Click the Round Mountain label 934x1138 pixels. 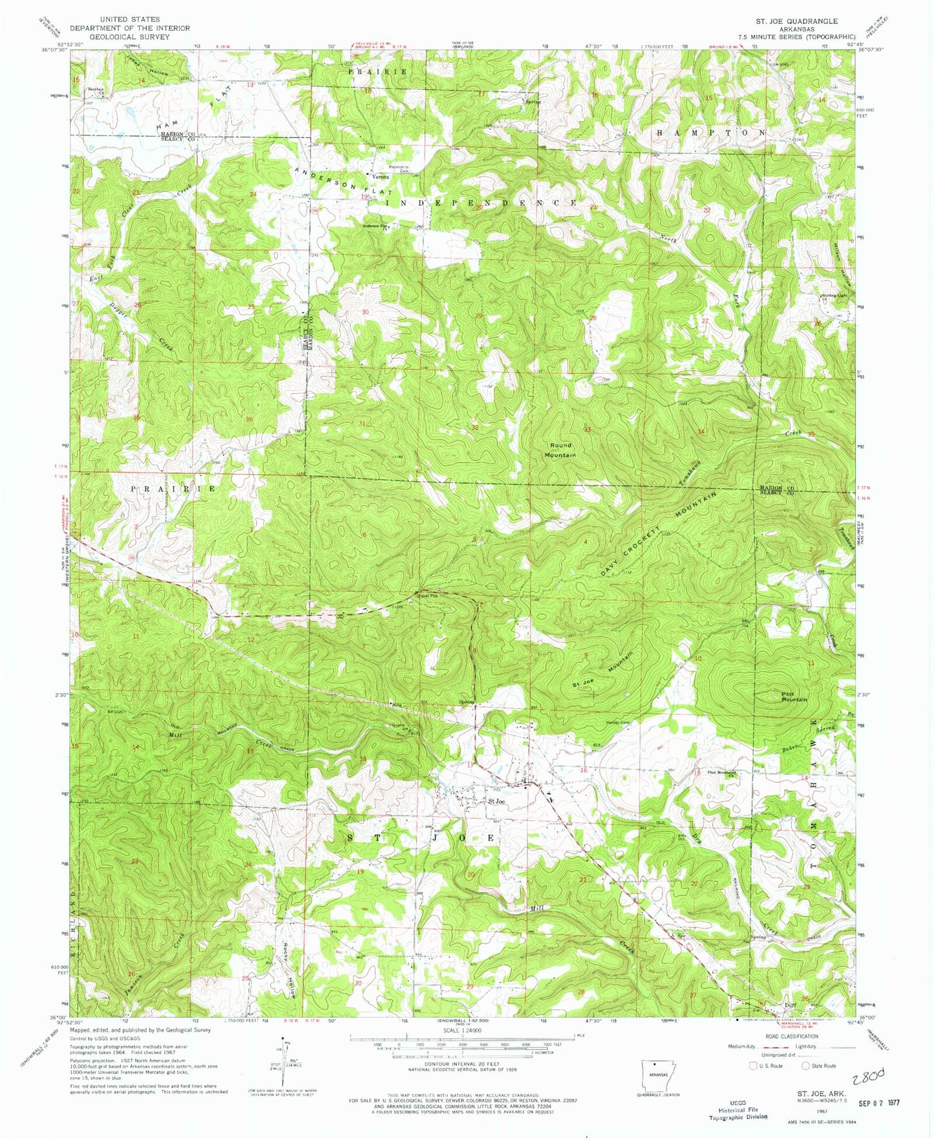click(560, 450)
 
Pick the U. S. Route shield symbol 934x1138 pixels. click(753, 1066)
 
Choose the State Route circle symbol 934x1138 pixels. click(805, 1066)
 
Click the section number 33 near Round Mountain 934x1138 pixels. click(587, 429)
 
